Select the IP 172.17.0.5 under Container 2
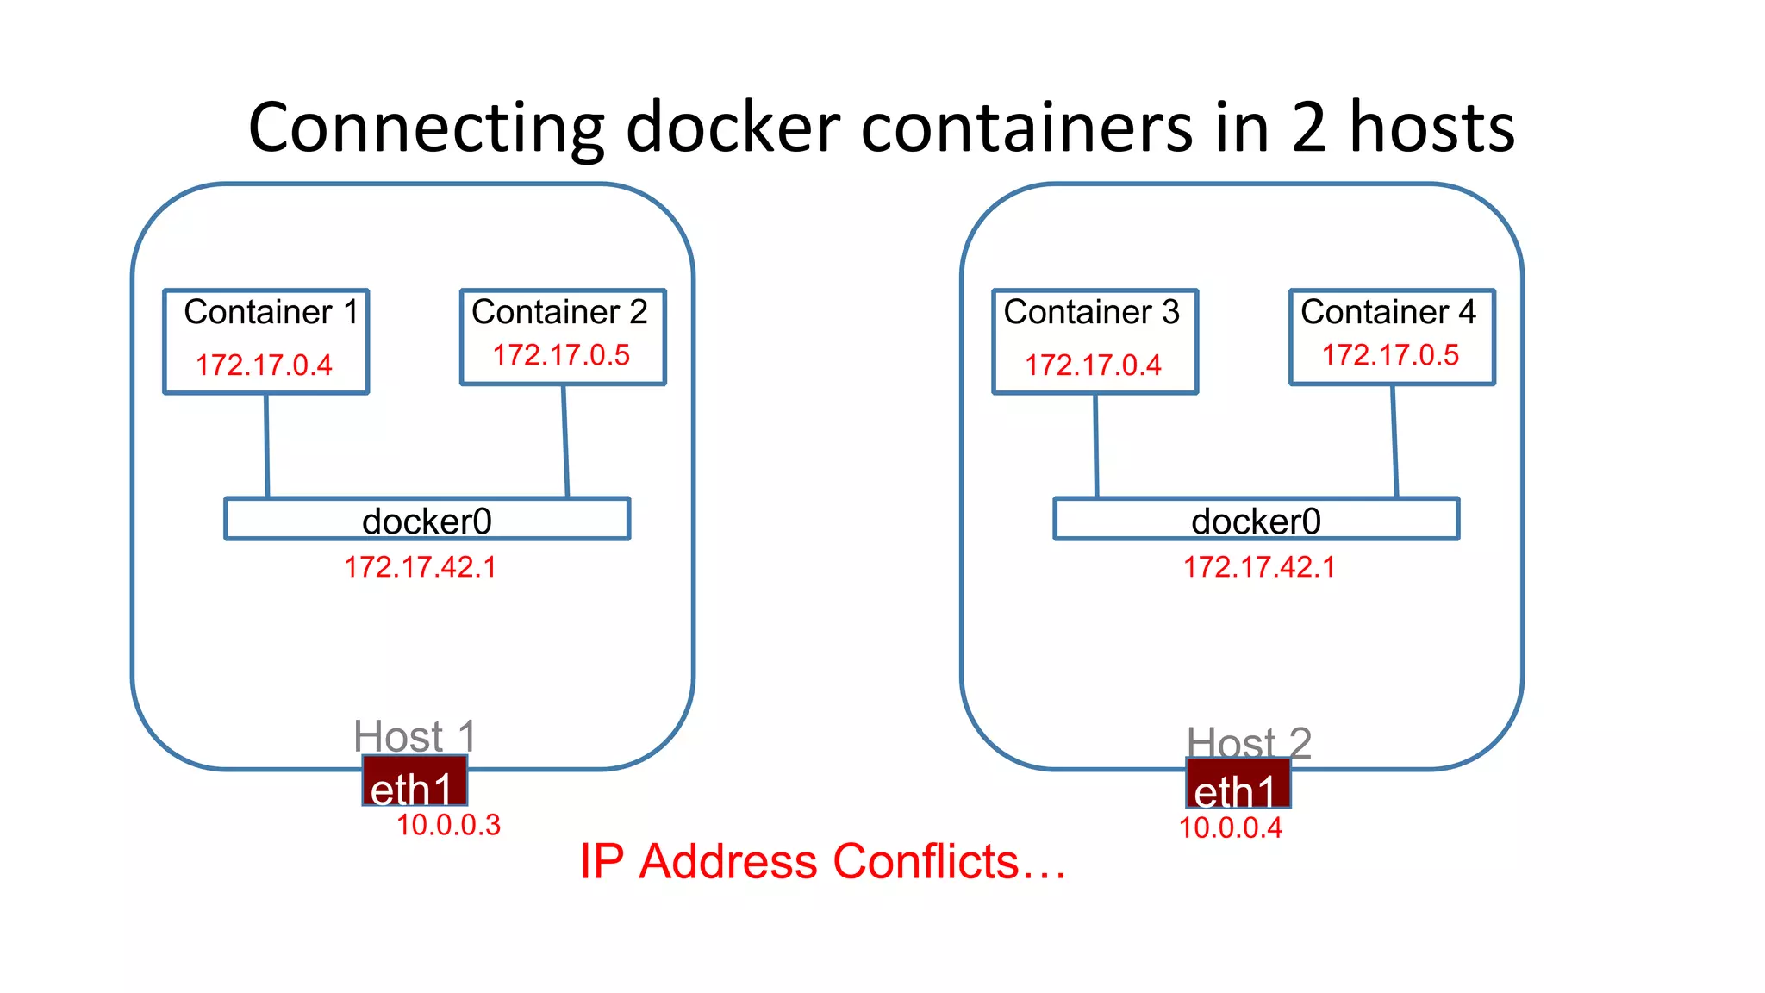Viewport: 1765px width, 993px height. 561,355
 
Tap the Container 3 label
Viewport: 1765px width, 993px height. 1091,312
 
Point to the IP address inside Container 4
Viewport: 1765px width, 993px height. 1390,355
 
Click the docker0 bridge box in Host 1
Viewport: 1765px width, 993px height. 427,520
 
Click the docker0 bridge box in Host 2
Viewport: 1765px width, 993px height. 1256,520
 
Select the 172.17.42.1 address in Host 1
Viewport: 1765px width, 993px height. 421,567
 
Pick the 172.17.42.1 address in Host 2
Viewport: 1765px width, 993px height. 1259,567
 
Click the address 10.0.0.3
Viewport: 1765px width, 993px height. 448,825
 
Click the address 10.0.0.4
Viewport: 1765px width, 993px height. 1231,827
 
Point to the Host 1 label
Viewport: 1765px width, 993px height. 415,735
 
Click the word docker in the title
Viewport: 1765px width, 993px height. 733,128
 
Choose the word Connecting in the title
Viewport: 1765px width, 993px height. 426,128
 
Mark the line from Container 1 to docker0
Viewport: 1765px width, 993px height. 266,446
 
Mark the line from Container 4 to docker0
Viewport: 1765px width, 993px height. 1394,441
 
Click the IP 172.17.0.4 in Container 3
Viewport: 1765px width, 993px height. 1093,365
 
